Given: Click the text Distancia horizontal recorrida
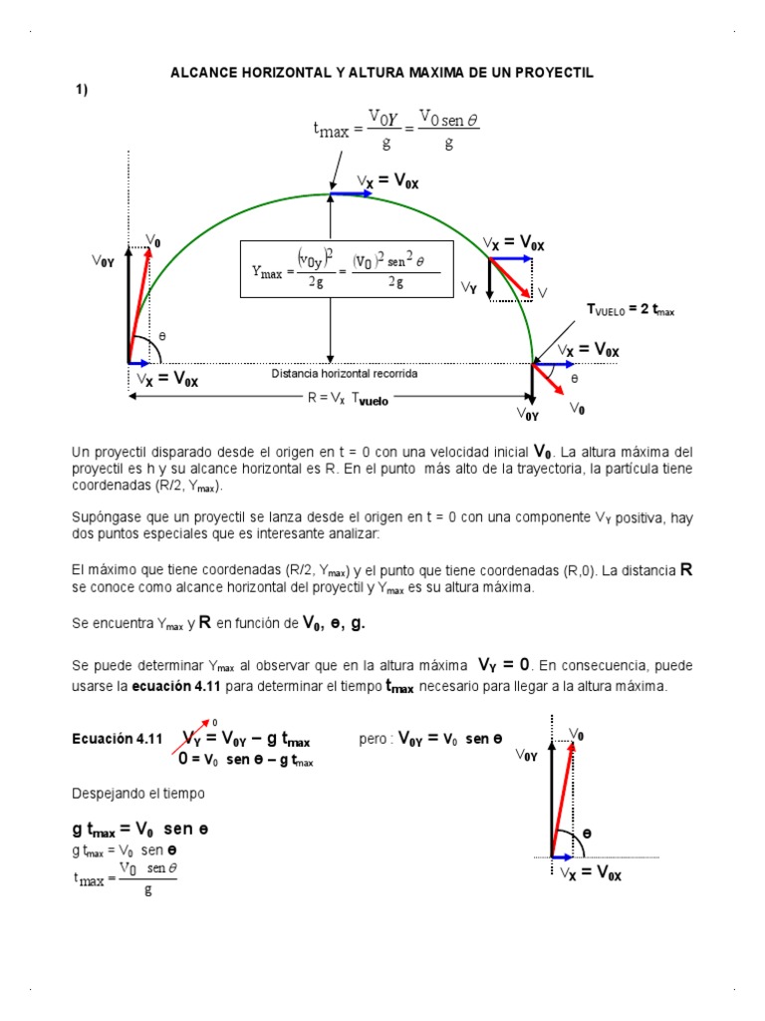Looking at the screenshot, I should (345, 373).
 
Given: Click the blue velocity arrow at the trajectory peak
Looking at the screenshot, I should (352, 194).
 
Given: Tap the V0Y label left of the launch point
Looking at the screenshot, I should (104, 261).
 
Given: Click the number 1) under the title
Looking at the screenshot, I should (82, 91).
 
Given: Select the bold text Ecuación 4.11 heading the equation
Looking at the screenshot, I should (117, 740).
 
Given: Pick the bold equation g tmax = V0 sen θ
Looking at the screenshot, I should (139, 829).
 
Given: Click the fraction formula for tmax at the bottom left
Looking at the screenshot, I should (126, 877).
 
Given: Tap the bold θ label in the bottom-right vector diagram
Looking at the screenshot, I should (587, 833).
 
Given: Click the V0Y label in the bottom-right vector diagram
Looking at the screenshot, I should (526, 756).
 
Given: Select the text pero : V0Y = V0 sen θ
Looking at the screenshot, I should (429, 740).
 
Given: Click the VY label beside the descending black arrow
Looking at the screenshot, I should (468, 287).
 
